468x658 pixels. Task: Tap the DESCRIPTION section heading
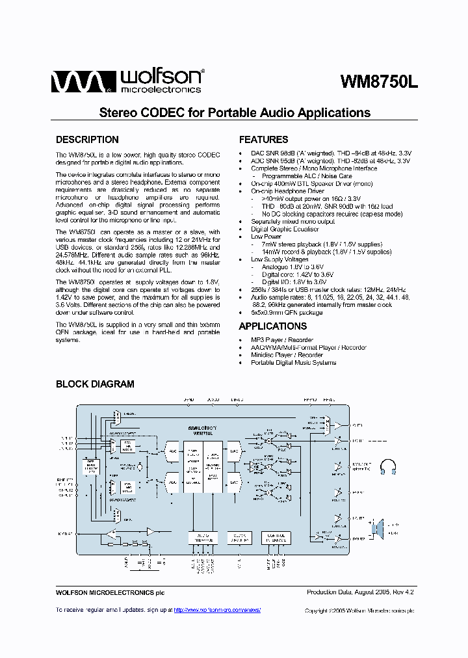pyautogui.click(x=87, y=140)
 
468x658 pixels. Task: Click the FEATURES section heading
pyautogui.click(x=263, y=140)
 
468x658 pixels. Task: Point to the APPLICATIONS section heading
pyautogui.click(x=272, y=326)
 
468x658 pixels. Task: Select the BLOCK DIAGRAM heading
pyautogui.click(x=95, y=384)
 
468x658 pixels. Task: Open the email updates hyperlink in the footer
pyautogui.click(x=217, y=610)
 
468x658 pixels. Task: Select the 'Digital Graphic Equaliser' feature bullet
pyautogui.click(x=285, y=230)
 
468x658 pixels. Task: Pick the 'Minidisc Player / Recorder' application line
pyautogui.click(x=287, y=355)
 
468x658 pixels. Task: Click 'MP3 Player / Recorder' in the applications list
pyautogui.click(x=281, y=340)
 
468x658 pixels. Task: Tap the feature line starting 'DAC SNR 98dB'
pyautogui.click(x=331, y=153)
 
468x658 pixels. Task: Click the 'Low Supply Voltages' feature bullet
pyautogui.click(x=279, y=259)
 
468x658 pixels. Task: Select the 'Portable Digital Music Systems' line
pyautogui.click(x=293, y=363)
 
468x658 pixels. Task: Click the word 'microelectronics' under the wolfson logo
pyautogui.click(x=159, y=89)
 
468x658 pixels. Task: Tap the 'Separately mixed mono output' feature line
pyautogui.click(x=292, y=222)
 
